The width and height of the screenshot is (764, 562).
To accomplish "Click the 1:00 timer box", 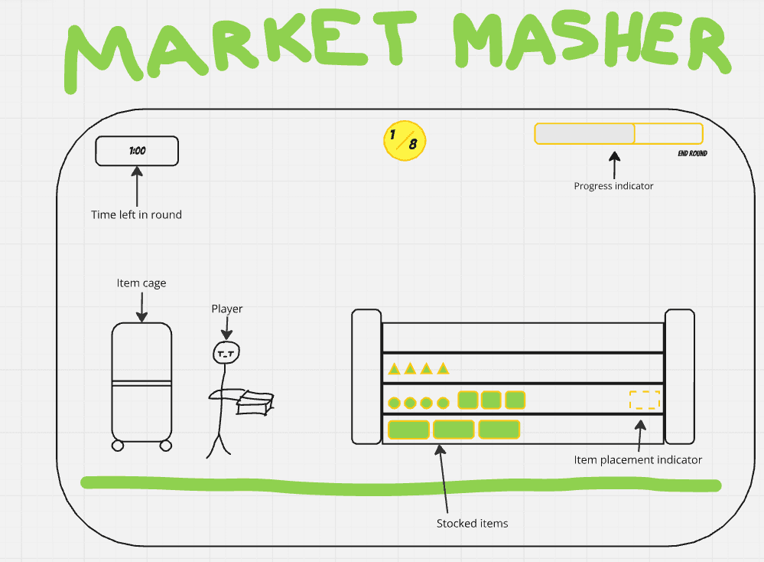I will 137,151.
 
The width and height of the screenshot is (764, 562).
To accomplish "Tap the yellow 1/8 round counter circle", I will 404,140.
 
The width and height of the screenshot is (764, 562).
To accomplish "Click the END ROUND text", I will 692,154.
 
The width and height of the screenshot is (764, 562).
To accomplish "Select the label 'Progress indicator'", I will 613,185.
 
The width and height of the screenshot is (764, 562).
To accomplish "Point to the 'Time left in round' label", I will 136,214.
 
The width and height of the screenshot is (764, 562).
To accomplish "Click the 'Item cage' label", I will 141,283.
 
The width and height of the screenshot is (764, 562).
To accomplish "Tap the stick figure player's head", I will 226,352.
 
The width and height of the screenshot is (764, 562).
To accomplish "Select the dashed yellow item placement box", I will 644,400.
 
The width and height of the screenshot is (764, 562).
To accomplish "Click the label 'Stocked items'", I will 472,524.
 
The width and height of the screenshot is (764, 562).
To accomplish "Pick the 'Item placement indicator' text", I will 638,459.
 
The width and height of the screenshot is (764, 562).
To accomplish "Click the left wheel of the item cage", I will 118,445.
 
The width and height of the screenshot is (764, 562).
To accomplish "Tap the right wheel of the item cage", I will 166,445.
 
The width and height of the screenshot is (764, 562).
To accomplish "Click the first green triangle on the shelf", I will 394,369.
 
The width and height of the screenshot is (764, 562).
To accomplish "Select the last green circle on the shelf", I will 443,402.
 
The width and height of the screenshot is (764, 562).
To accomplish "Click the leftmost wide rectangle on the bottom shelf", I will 408,430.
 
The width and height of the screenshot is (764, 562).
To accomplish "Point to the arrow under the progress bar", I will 614,163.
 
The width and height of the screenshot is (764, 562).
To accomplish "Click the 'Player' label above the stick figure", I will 227,309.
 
